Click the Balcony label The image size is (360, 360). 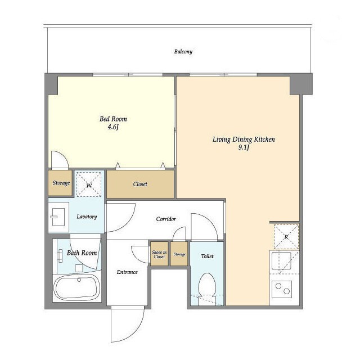tap(183, 51)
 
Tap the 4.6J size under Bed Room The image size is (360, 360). tap(113, 127)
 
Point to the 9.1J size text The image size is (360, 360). tap(244, 147)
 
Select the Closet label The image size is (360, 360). tap(140, 184)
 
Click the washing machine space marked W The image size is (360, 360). tap(89, 184)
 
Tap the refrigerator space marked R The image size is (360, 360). tap(286, 237)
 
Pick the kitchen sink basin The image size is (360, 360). tap(281, 260)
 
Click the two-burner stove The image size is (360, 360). tap(282, 289)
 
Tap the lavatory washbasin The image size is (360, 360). tap(58, 217)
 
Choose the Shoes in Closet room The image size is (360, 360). tap(159, 254)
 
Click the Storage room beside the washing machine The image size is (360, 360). tap(60, 183)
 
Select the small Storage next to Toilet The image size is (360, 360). tap(179, 254)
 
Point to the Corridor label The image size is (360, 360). tap(166, 219)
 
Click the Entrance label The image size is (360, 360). tap(127, 272)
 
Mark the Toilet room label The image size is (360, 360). tap(207, 256)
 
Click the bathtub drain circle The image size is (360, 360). tap(79, 280)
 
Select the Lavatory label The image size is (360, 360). tap(87, 217)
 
